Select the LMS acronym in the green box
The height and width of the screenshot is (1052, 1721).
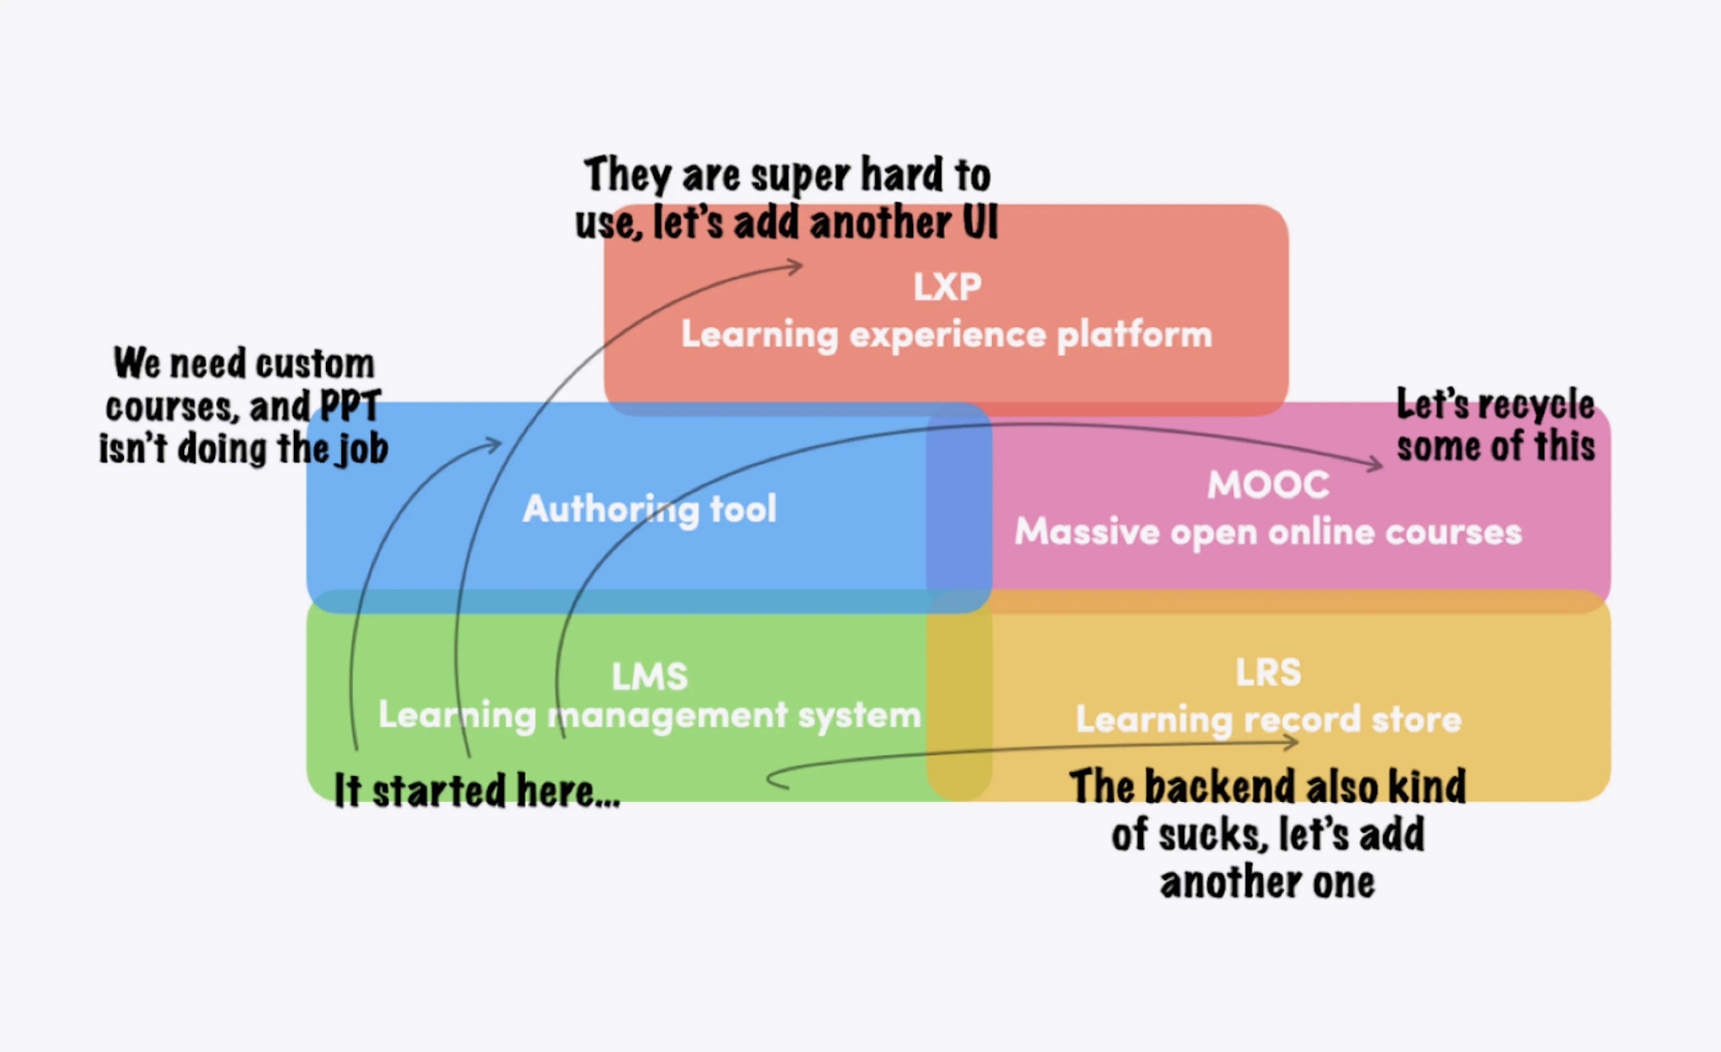pos(650,676)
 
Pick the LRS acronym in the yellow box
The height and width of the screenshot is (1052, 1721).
pos(1268,672)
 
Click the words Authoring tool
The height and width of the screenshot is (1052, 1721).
pos(650,508)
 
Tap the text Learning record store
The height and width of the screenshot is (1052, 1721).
pos(1268,719)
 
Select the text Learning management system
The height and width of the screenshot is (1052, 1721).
pos(650,715)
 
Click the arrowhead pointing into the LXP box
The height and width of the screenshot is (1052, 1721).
pos(797,266)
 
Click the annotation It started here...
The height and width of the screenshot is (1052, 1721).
pos(477,790)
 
